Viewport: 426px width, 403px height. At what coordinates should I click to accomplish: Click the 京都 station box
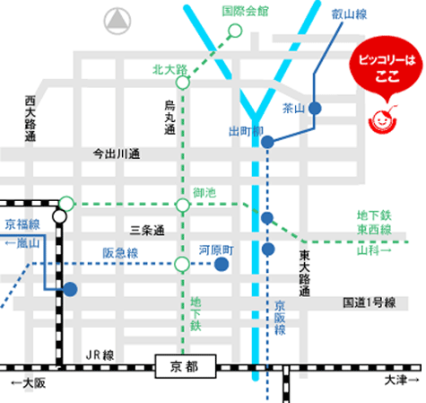[186, 366]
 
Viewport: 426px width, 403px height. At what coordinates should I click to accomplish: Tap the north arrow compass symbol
[117, 21]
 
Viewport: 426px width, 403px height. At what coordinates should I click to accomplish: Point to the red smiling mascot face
[382, 120]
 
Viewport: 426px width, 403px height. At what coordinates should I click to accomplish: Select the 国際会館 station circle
[235, 31]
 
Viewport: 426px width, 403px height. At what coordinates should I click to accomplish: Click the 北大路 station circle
[183, 83]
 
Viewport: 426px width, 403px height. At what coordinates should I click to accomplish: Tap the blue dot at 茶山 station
[315, 108]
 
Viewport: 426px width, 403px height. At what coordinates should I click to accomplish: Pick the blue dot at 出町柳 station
[267, 142]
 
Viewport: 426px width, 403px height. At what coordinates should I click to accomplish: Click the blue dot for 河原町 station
[222, 264]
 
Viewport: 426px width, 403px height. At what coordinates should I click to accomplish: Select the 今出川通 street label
[117, 154]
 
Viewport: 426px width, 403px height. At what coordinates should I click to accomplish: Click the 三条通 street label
[147, 231]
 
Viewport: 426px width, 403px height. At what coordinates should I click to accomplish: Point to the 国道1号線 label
[369, 302]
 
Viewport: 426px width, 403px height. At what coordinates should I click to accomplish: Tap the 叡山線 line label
[349, 14]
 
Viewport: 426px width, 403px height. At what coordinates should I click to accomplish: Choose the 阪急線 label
[120, 253]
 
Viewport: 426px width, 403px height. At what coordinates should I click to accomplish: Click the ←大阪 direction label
[29, 383]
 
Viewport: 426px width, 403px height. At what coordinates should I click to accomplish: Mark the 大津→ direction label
[402, 381]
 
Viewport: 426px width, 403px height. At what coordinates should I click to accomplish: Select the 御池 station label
[204, 193]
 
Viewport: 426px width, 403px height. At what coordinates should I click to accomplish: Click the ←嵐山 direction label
[22, 243]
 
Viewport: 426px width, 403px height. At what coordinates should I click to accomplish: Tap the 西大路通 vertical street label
[30, 118]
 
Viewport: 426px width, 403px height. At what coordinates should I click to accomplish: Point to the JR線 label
[100, 355]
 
